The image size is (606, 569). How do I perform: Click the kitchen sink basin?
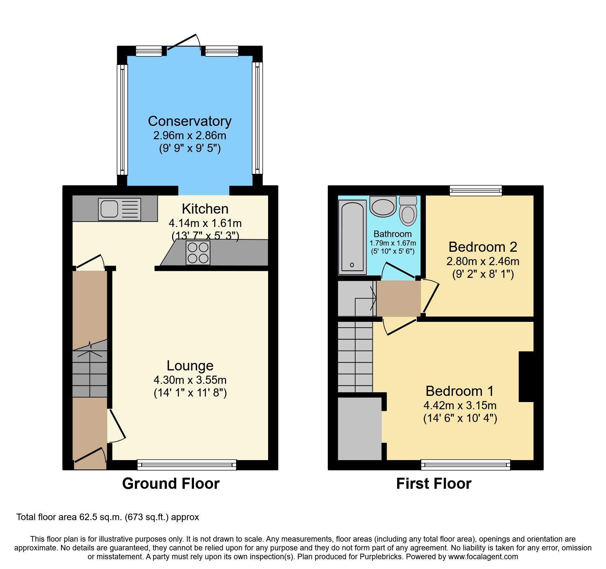tap(109, 209)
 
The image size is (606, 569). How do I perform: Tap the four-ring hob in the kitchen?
tap(198, 253)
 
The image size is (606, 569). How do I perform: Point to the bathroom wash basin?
tap(383, 207)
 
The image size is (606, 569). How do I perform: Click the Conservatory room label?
tap(190, 121)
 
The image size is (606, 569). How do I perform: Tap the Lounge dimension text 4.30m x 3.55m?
tap(190, 380)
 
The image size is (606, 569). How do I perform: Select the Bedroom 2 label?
tap(483, 247)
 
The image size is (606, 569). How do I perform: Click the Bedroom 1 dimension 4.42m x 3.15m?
tap(460, 405)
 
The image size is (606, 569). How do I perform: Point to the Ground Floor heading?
tap(171, 484)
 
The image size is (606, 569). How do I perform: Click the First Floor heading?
tap(434, 484)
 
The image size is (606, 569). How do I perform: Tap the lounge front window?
tap(187, 465)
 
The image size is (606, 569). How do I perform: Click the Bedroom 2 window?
tap(476, 190)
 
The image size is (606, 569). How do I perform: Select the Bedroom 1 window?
tap(465, 465)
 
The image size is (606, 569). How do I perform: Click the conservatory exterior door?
tap(182, 42)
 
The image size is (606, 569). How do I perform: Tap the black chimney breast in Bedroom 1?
tap(526, 376)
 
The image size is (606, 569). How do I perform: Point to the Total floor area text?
tap(108, 517)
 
